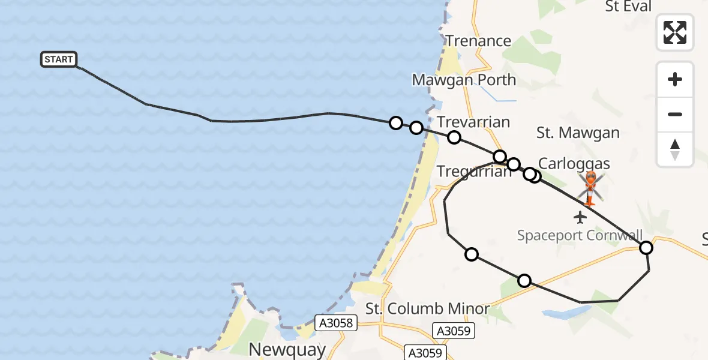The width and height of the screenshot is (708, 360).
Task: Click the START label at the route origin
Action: (x=59, y=59)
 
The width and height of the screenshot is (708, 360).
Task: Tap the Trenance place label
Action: (x=478, y=41)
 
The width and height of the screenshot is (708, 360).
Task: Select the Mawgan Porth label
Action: (x=464, y=80)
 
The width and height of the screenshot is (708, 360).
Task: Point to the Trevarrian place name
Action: (x=473, y=122)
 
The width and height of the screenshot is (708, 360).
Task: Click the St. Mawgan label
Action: (x=578, y=133)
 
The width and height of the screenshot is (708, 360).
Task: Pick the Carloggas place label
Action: (x=574, y=164)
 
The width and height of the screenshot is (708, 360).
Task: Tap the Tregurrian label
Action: (x=474, y=172)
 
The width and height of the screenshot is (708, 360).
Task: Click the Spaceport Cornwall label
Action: (x=580, y=235)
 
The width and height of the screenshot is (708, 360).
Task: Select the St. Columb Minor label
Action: (x=428, y=310)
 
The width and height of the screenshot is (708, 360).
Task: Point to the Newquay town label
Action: (x=287, y=349)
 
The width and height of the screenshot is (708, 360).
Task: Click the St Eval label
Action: (x=628, y=7)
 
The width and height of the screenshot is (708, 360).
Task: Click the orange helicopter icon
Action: (x=591, y=187)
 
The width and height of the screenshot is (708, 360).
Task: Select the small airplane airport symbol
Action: (x=580, y=217)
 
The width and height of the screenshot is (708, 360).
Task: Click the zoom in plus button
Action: (x=675, y=79)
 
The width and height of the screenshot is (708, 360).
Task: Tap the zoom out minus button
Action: (x=675, y=114)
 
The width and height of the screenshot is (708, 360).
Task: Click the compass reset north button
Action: (x=675, y=149)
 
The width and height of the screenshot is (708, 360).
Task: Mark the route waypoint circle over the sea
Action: (x=395, y=123)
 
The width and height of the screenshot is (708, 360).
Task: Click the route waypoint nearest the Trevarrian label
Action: (x=454, y=137)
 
